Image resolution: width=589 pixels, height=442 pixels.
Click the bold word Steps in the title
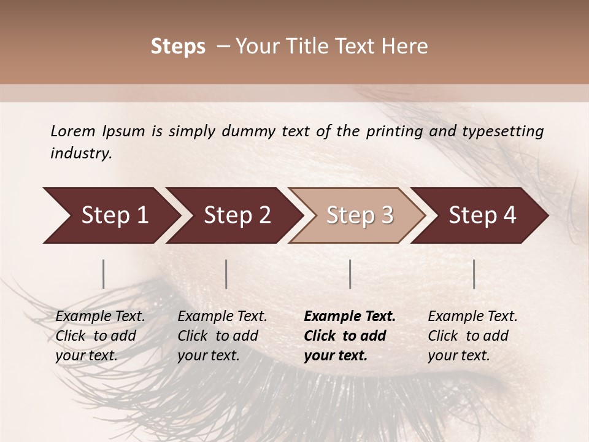pyautogui.click(x=178, y=47)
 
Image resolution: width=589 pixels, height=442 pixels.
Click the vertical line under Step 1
pyautogui.click(x=104, y=274)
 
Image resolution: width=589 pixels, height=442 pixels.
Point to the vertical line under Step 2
pyautogui.click(x=226, y=274)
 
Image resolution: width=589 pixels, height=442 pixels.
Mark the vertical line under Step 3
pyautogui.click(x=350, y=274)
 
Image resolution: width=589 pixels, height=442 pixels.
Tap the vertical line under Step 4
pyautogui.click(x=474, y=274)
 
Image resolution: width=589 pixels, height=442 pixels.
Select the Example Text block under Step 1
pyautogui.click(x=100, y=336)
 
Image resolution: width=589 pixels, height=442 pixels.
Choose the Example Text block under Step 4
pyautogui.click(x=472, y=336)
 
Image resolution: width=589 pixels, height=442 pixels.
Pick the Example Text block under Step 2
pyautogui.click(x=222, y=336)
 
